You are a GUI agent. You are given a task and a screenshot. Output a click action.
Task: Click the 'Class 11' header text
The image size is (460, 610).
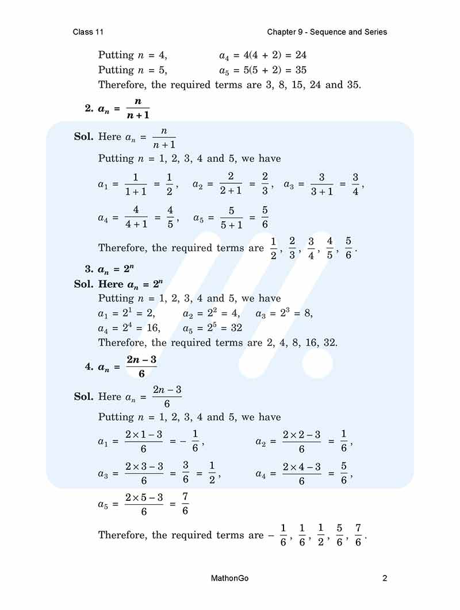point(88,32)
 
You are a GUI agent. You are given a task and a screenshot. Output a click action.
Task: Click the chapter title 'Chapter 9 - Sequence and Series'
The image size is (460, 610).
point(327,32)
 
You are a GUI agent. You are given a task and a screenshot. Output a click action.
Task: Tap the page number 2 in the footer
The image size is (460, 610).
point(385,578)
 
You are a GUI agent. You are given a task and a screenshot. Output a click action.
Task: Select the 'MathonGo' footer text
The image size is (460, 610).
point(230,578)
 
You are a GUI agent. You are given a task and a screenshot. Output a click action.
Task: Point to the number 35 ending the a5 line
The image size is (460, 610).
point(300,70)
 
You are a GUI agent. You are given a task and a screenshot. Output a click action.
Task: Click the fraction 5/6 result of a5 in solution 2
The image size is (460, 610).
point(265,217)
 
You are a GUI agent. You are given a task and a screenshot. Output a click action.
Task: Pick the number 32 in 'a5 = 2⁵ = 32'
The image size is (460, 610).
point(235,328)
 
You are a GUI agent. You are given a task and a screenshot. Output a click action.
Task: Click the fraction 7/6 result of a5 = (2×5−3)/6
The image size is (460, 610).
point(185,503)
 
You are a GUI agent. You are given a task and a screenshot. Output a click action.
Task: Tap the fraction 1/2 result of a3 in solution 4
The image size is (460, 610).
point(212,473)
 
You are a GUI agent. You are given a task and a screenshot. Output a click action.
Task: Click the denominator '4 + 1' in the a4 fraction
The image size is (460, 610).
point(136,224)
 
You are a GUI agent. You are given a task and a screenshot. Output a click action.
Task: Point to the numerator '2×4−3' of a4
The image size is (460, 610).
point(301,467)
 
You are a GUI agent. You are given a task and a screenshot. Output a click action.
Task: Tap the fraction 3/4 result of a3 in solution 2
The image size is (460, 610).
point(355,184)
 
